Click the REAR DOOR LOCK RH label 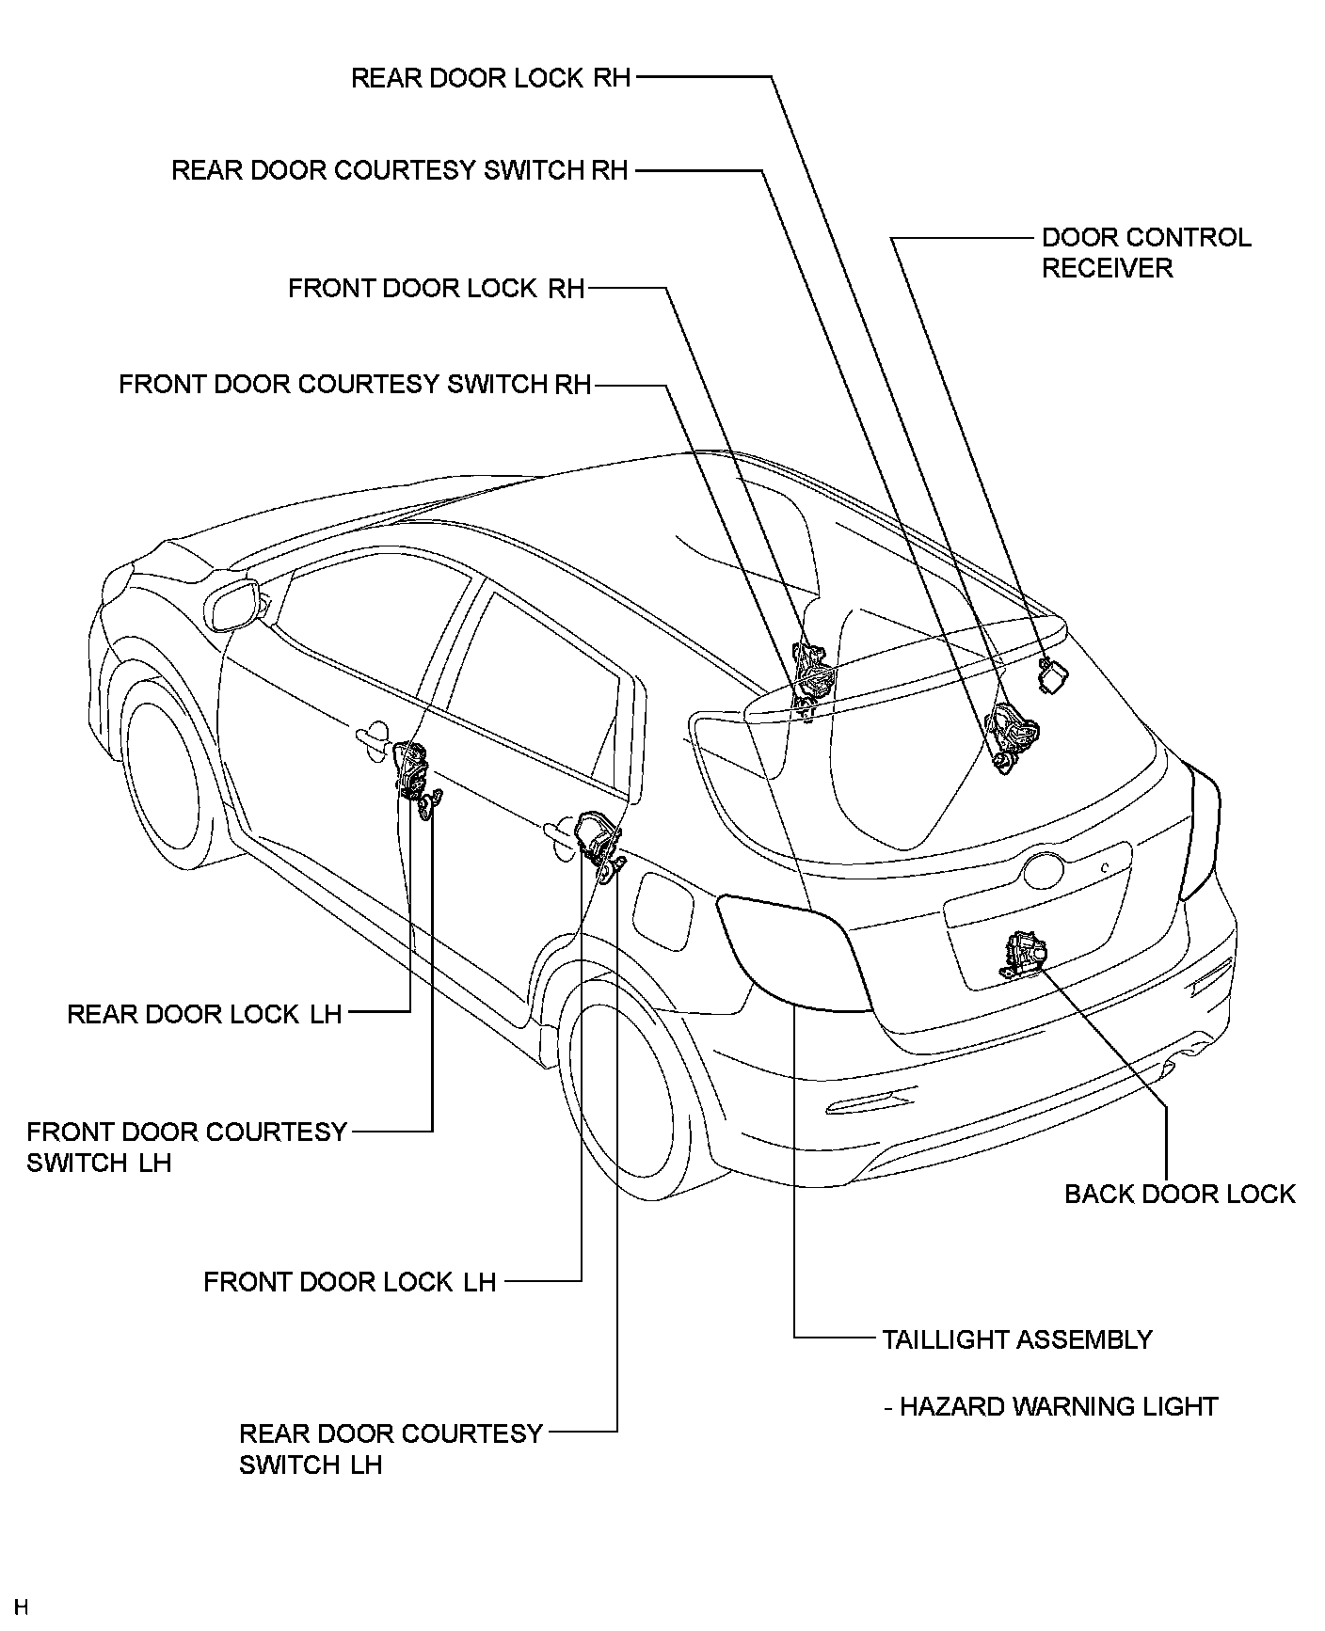[490, 77]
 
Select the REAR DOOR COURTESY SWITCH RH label [399, 170]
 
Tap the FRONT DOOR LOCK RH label [437, 288]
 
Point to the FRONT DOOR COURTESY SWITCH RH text [355, 384]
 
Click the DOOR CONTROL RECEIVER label [1146, 252]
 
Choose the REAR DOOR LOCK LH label [204, 1013]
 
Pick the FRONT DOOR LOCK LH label [349, 1281]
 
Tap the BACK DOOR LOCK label [1180, 1194]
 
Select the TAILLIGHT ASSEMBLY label [1017, 1338]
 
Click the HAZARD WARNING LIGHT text [1059, 1406]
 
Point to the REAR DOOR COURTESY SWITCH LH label [391, 1449]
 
